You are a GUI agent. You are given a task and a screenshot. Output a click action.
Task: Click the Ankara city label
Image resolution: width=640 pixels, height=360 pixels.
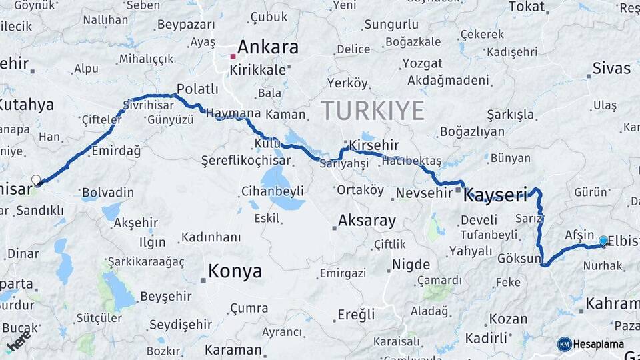pyautogui.click(x=267, y=47)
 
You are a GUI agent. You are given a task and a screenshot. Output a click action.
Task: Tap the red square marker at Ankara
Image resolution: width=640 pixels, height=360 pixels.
pyautogui.click(x=233, y=56)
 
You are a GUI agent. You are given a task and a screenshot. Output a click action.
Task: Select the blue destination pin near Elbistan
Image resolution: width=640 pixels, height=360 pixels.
pyautogui.click(x=603, y=241)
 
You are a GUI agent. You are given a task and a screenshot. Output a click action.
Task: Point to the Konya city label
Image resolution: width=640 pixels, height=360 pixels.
pyautogui.click(x=235, y=271)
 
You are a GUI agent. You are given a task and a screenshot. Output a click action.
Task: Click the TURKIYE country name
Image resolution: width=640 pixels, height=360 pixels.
pyautogui.click(x=372, y=109)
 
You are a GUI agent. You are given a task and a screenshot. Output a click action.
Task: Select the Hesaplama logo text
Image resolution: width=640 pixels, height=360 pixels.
pyautogui.click(x=599, y=344)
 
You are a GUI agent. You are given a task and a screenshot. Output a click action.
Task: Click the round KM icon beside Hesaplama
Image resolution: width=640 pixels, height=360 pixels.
pyautogui.click(x=565, y=344)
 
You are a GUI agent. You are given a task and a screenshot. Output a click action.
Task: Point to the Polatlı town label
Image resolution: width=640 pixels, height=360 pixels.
pyautogui.click(x=197, y=89)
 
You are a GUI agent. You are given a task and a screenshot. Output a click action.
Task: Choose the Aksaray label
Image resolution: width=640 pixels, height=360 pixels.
pyautogui.click(x=367, y=221)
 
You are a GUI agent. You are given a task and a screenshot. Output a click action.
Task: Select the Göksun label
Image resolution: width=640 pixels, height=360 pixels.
pyautogui.click(x=519, y=259)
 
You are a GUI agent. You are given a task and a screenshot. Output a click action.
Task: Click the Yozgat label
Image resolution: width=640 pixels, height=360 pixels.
pyautogui.click(x=421, y=63)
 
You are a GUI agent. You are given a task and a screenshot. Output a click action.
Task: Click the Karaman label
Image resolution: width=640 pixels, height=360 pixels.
pyautogui.click(x=233, y=349)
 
